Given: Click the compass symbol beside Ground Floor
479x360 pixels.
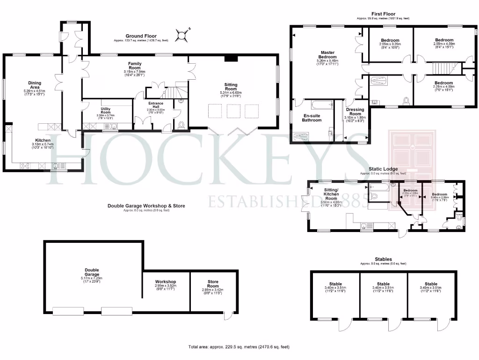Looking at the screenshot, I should tap(181, 35).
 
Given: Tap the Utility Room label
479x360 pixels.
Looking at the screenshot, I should tap(105, 110).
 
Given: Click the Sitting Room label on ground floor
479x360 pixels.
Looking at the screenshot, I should tap(231, 87).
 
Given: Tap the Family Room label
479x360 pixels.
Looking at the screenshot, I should tap(135, 66).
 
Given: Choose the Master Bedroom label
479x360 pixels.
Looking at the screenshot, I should tap(327, 55).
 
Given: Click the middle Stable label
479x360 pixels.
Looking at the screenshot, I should tap(383, 284).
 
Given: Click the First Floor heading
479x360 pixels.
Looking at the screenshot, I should tap(383, 14).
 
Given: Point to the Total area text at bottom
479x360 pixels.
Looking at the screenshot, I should tap(239, 347).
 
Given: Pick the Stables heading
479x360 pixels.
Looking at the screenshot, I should tap(383, 259).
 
